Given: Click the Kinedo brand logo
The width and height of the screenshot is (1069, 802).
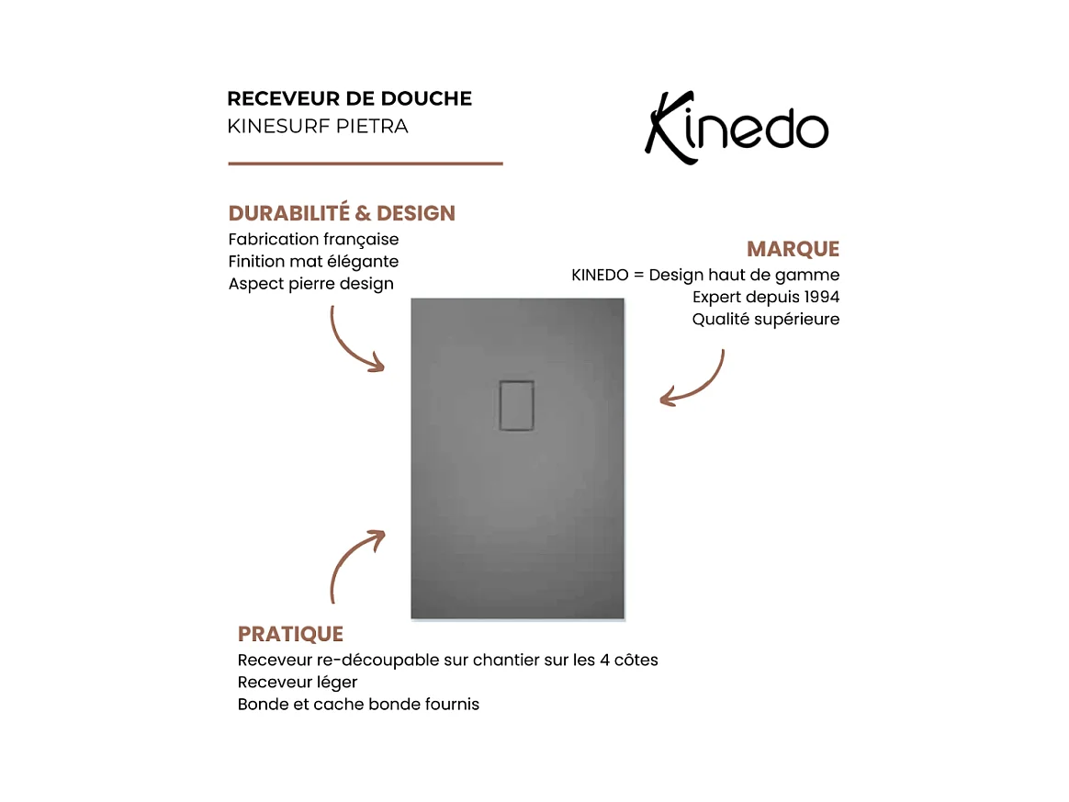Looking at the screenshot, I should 737,129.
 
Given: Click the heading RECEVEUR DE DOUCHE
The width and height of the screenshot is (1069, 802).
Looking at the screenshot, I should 349,98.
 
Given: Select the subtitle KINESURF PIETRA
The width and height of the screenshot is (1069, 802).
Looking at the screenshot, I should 317,126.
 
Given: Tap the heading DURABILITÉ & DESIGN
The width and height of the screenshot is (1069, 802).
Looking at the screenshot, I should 342,213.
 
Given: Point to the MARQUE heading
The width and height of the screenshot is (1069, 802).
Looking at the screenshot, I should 793,249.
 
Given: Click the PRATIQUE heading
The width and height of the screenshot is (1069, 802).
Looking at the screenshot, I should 290,634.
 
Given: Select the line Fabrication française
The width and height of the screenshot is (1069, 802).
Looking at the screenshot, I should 313,239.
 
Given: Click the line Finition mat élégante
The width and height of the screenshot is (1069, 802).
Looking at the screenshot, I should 313,262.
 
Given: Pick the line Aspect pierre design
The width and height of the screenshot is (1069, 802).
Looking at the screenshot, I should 310,284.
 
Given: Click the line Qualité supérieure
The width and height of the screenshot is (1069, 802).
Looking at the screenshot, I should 765,320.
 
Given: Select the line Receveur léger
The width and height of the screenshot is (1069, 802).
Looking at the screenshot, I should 297,683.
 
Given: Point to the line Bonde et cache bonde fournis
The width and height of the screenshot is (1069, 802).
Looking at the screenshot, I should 358,705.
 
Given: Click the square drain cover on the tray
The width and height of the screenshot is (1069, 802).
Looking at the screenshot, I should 516,404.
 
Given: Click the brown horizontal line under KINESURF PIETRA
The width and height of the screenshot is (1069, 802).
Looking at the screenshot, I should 365,164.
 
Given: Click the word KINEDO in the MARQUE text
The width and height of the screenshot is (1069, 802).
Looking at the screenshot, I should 600,275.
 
